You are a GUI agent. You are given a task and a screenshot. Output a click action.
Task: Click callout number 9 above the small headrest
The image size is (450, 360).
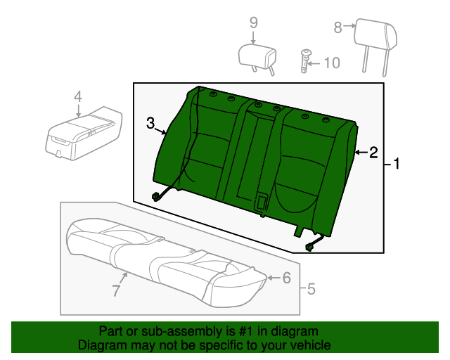[253, 22]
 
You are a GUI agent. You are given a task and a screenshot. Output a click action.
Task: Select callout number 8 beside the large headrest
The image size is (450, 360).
[337, 27]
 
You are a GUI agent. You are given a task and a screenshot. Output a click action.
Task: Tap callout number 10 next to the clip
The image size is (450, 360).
[332, 63]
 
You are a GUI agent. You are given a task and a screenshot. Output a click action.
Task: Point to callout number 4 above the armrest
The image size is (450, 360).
[78, 97]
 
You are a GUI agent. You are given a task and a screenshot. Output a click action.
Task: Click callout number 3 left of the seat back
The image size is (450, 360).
[150, 123]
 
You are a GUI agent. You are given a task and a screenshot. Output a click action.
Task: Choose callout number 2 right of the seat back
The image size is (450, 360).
[373, 153]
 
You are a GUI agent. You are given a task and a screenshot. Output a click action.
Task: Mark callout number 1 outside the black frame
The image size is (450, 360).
[397, 164]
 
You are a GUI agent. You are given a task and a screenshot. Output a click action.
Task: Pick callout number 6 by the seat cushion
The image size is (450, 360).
[287, 278]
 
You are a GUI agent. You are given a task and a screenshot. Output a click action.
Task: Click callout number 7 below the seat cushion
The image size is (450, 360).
[115, 290]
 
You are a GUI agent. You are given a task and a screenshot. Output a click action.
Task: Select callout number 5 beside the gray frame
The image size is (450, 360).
[311, 289]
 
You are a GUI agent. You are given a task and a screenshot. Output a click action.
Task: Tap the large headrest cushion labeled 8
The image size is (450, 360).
[376, 34]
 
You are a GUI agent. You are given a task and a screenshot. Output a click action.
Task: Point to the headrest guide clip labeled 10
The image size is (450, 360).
[305, 61]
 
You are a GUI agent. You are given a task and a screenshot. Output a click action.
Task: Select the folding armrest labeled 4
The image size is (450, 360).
[84, 133]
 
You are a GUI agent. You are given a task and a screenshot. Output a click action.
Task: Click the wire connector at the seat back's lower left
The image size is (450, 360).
[156, 197]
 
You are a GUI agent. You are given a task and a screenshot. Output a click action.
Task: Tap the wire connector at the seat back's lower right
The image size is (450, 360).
[310, 247]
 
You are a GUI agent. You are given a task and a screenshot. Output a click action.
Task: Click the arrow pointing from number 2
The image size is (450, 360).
[361, 152]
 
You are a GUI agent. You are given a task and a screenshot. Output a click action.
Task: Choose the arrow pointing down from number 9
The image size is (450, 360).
[253, 38]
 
